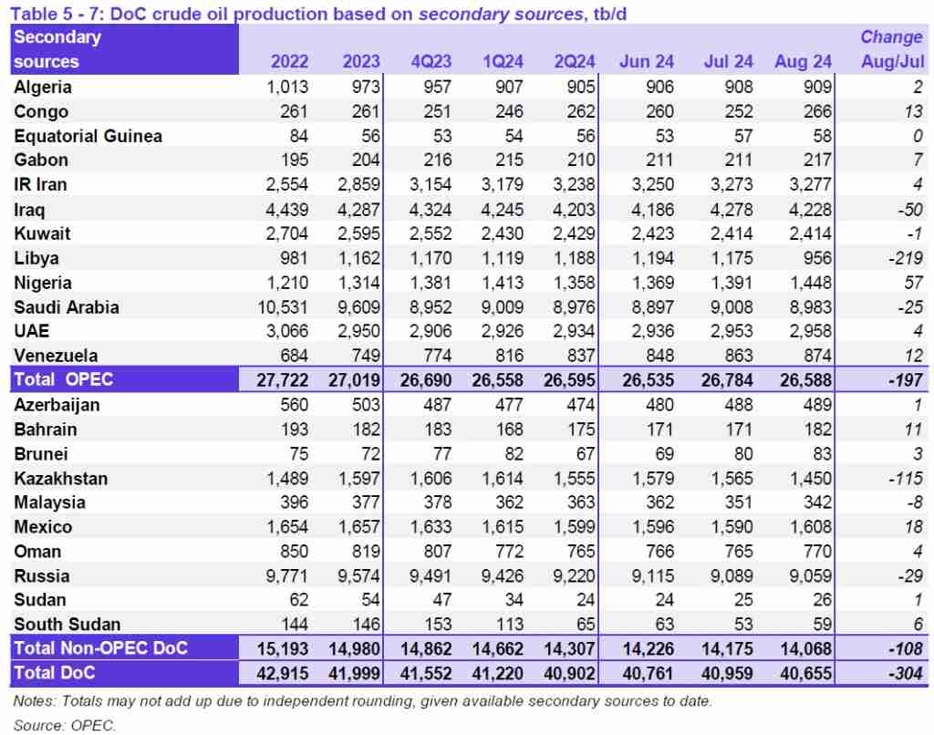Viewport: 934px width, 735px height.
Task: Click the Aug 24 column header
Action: coord(803,62)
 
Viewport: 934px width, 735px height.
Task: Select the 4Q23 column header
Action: coord(430,62)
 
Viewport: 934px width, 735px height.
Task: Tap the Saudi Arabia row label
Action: coord(67,306)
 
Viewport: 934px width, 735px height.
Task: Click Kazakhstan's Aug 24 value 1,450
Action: coord(806,478)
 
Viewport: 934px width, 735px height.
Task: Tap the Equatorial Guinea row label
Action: coord(88,136)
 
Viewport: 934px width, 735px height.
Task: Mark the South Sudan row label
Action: coord(67,625)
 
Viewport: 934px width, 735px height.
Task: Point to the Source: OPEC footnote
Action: coord(65,726)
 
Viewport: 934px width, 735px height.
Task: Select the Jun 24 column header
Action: coord(647,62)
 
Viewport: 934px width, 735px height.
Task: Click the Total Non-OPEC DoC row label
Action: coord(100,648)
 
